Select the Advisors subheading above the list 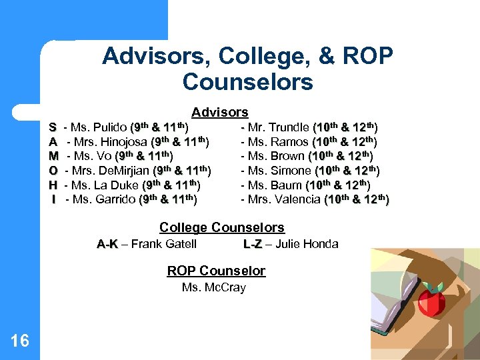[x=220, y=113]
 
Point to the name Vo [x=103, y=156]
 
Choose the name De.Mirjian [x=124, y=170]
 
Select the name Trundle [x=288, y=127]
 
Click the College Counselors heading [x=222, y=228]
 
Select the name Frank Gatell [x=163, y=244]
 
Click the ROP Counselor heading [x=216, y=271]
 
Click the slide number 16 [x=20, y=341]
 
